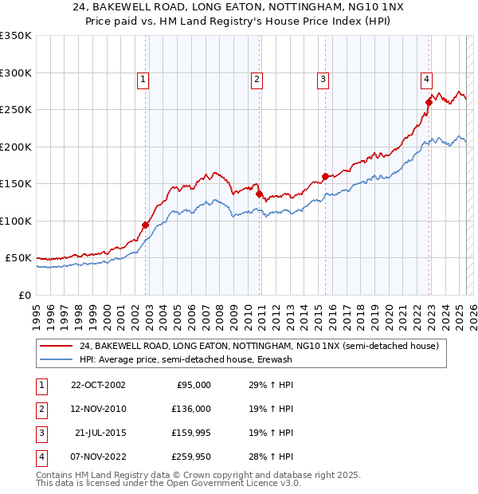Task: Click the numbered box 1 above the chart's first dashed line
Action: (143, 79)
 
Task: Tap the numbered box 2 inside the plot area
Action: (257, 79)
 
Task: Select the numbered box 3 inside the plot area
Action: (323, 79)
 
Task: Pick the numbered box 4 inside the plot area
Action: (427, 79)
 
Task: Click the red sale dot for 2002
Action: (146, 225)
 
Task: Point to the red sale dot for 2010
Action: (259, 194)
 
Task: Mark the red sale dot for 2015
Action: (325, 176)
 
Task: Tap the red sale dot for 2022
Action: (429, 102)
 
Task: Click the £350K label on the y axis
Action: (15, 36)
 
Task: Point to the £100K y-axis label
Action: (15, 221)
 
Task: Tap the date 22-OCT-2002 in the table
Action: (98, 385)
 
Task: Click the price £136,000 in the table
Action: (191, 409)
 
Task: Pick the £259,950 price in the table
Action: (191, 457)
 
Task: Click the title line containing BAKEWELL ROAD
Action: (238, 8)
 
